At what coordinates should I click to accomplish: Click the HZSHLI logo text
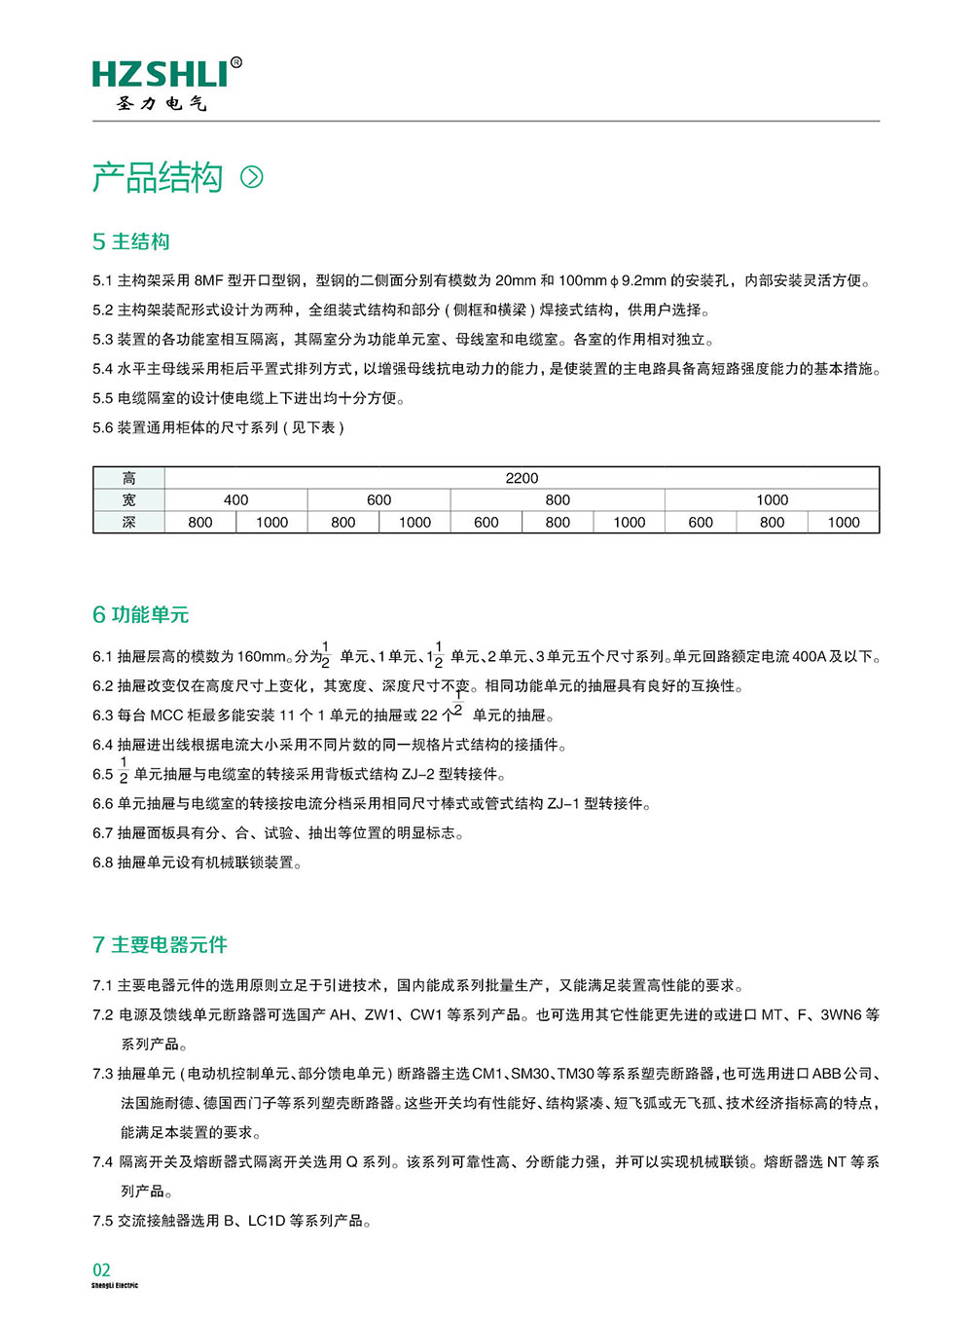coord(161,75)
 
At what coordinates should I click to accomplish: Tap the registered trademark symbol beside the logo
coord(236,62)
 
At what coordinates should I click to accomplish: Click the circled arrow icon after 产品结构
coord(252,176)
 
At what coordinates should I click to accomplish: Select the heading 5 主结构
coord(131,241)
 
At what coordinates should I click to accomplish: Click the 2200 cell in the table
coord(522,478)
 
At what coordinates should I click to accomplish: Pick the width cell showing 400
coord(235,499)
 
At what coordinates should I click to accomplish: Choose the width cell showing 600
coord(378,499)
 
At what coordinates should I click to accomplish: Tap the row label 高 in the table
coord(128,478)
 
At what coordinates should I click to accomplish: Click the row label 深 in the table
coord(128,522)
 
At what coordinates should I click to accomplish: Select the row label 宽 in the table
coord(128,499)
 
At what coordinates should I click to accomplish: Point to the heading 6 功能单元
coord(141,614)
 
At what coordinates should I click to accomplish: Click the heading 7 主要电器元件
coord(160,944)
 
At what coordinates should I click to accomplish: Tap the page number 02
coord(101,1269)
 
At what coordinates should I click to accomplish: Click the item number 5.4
coord(102,369)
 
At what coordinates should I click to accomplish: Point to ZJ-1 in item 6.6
coord(563,804)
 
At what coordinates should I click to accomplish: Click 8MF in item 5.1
coord(208,280)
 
